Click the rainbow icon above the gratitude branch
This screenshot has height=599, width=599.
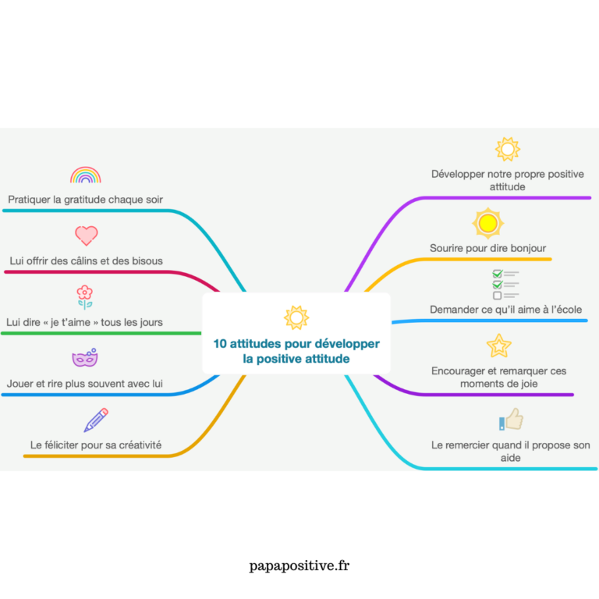click(x=85, y=175)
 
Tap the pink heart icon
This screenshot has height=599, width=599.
click(x=86, y=235)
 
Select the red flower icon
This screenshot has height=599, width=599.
click(x=85, y=296)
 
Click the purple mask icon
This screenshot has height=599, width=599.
click(x=84, y=358)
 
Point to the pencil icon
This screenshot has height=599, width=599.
click(x=95, y=420)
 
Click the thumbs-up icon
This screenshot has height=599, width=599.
click(x=511, y=420)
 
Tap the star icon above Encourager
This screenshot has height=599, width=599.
click(x=498, y=345)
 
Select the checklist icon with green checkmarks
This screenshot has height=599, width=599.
click(x=505, y=285)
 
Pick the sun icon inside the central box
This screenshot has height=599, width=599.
click(x=296, y=317)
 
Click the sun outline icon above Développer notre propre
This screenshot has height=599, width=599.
click(x=507, y=149)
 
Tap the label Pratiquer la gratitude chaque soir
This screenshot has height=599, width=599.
click(x=86, y=200)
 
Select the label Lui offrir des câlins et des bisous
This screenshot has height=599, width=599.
click(x=86, y=261)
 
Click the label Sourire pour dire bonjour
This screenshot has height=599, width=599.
click(x=487, y=248)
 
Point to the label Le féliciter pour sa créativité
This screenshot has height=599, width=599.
click(x=96, y=445)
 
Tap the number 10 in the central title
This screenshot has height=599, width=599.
click(x=219, y=344)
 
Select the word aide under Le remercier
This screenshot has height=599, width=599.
click(x=510, y=458)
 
